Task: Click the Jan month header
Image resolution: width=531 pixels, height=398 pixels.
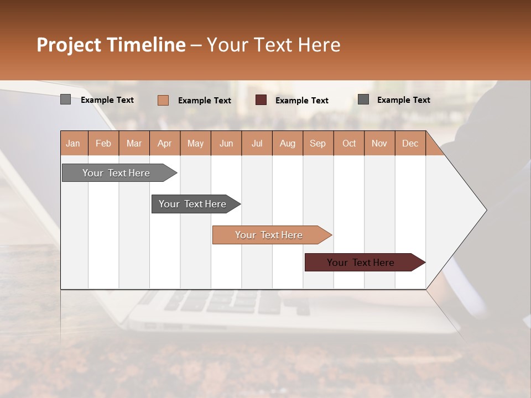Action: (x=73, y=143)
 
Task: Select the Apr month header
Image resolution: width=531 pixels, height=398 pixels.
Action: (x=165, y=143)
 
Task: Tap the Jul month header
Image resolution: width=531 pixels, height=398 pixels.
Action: (x=257, y=143)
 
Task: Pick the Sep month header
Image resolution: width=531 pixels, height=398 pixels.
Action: (x=318, y=143)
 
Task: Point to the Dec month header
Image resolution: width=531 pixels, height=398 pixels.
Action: (x=410, y=143)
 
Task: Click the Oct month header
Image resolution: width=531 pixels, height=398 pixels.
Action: (x=349, y=143)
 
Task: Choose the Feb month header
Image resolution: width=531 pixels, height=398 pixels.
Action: (x=103, y=143)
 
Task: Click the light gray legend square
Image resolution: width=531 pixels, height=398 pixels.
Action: (x=65, y=99)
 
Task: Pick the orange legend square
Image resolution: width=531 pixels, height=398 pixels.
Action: (x=163, y=100)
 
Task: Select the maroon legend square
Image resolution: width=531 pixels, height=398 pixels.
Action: (x=261, y=100)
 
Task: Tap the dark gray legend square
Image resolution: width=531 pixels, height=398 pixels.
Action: (x=363, y=99)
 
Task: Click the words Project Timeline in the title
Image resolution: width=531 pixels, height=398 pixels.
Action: (x=111, y=44)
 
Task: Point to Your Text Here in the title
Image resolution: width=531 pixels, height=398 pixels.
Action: (x=274, y=44)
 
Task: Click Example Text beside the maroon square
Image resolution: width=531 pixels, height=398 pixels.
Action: (x=302, y=100)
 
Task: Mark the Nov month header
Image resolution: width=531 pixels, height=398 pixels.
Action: (x=379, y=143)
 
